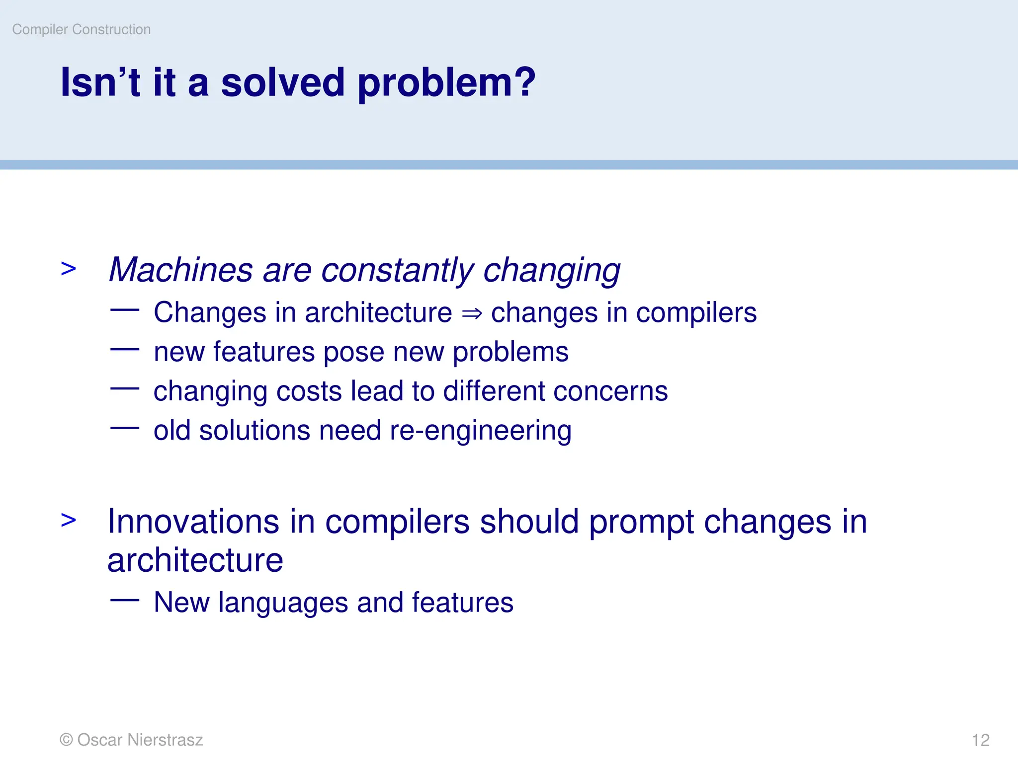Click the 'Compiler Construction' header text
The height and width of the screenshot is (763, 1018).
coord(81,29)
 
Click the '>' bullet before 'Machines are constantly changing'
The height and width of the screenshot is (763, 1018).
coord(69,269)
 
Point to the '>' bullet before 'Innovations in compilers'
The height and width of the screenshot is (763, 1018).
coord(69,520)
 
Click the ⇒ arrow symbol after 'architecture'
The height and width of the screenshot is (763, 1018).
coord(471,313)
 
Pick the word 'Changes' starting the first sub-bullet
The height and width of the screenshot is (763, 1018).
coord(210,313)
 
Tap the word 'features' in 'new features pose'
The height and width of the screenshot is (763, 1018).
coord(264,352)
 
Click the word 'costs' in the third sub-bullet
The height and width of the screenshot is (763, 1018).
coord(309,391)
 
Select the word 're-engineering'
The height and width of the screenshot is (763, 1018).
coord(480,430)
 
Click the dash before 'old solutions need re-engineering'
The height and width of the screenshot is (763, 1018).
coord(125,427)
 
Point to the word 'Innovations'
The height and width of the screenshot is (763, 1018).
coord(194,522)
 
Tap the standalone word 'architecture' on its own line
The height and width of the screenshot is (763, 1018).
coord(195,561)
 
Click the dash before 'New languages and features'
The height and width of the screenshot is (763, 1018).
coord(125,600)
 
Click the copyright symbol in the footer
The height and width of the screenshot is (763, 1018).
coord(66,740)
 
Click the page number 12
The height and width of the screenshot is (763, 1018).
coord(980,740)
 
